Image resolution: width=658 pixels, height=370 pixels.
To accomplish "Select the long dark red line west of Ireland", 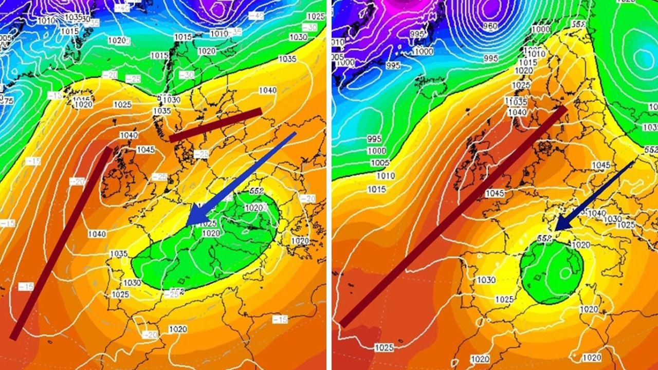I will pyautogui.click(x=62, y=242).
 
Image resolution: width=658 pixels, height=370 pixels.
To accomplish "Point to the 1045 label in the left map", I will pyautogui.click(x=146, y=150).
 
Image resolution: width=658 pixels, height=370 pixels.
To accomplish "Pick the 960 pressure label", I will pyautogui.click(x=490, y=26).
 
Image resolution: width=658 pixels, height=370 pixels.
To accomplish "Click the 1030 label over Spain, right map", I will pyautogui.click(x=486, y=280).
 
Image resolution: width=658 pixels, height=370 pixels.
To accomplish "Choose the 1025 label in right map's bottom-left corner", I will pyautogui.click(x=384, y=348).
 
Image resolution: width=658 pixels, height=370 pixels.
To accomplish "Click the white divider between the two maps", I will pyautogui.click(x=329, y=185).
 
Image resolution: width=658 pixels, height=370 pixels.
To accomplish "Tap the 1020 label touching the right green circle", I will pyautogui.click(x=580, y=245).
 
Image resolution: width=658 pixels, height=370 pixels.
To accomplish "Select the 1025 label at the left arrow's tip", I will pyautogui.click(x=207, y=224).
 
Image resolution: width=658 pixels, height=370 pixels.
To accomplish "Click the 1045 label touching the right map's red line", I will pyautogui.click(x=495, y=194).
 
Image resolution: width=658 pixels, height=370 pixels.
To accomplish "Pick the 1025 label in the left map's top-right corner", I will pyautogui.click(x=316, y=16).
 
